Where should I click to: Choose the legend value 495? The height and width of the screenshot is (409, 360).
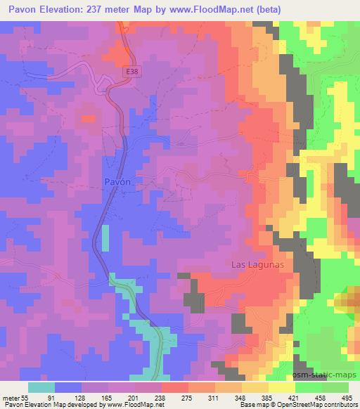[x=347, y=396]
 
